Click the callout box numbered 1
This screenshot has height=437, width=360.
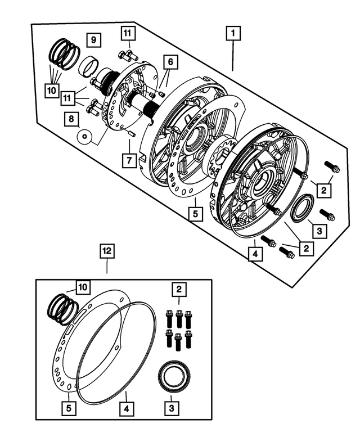click(232, 33)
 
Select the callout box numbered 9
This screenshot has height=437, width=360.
click(93, 40)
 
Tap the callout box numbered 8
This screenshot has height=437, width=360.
click(71, 119)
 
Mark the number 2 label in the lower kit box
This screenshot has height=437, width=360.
click(179, 290)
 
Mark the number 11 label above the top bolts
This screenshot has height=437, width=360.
click(127, 34)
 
